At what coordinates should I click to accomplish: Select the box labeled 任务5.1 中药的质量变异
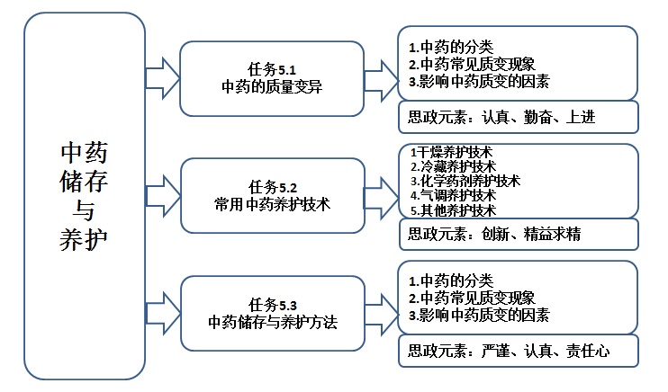pyautogui.click(x=271, y=78)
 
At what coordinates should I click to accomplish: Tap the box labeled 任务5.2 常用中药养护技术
pyautogui.click(x=271, y=195)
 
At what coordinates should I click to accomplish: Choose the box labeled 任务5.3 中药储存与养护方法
pyautogui.click(x=271, y=312)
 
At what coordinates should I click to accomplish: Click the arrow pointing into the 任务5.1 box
pyautogui.click(x=161, y=78)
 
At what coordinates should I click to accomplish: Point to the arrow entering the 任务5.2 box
pyautogui.click(x=161, y=195)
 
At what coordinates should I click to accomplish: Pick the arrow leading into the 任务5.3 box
pyautogui.click(x=161, y=312)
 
